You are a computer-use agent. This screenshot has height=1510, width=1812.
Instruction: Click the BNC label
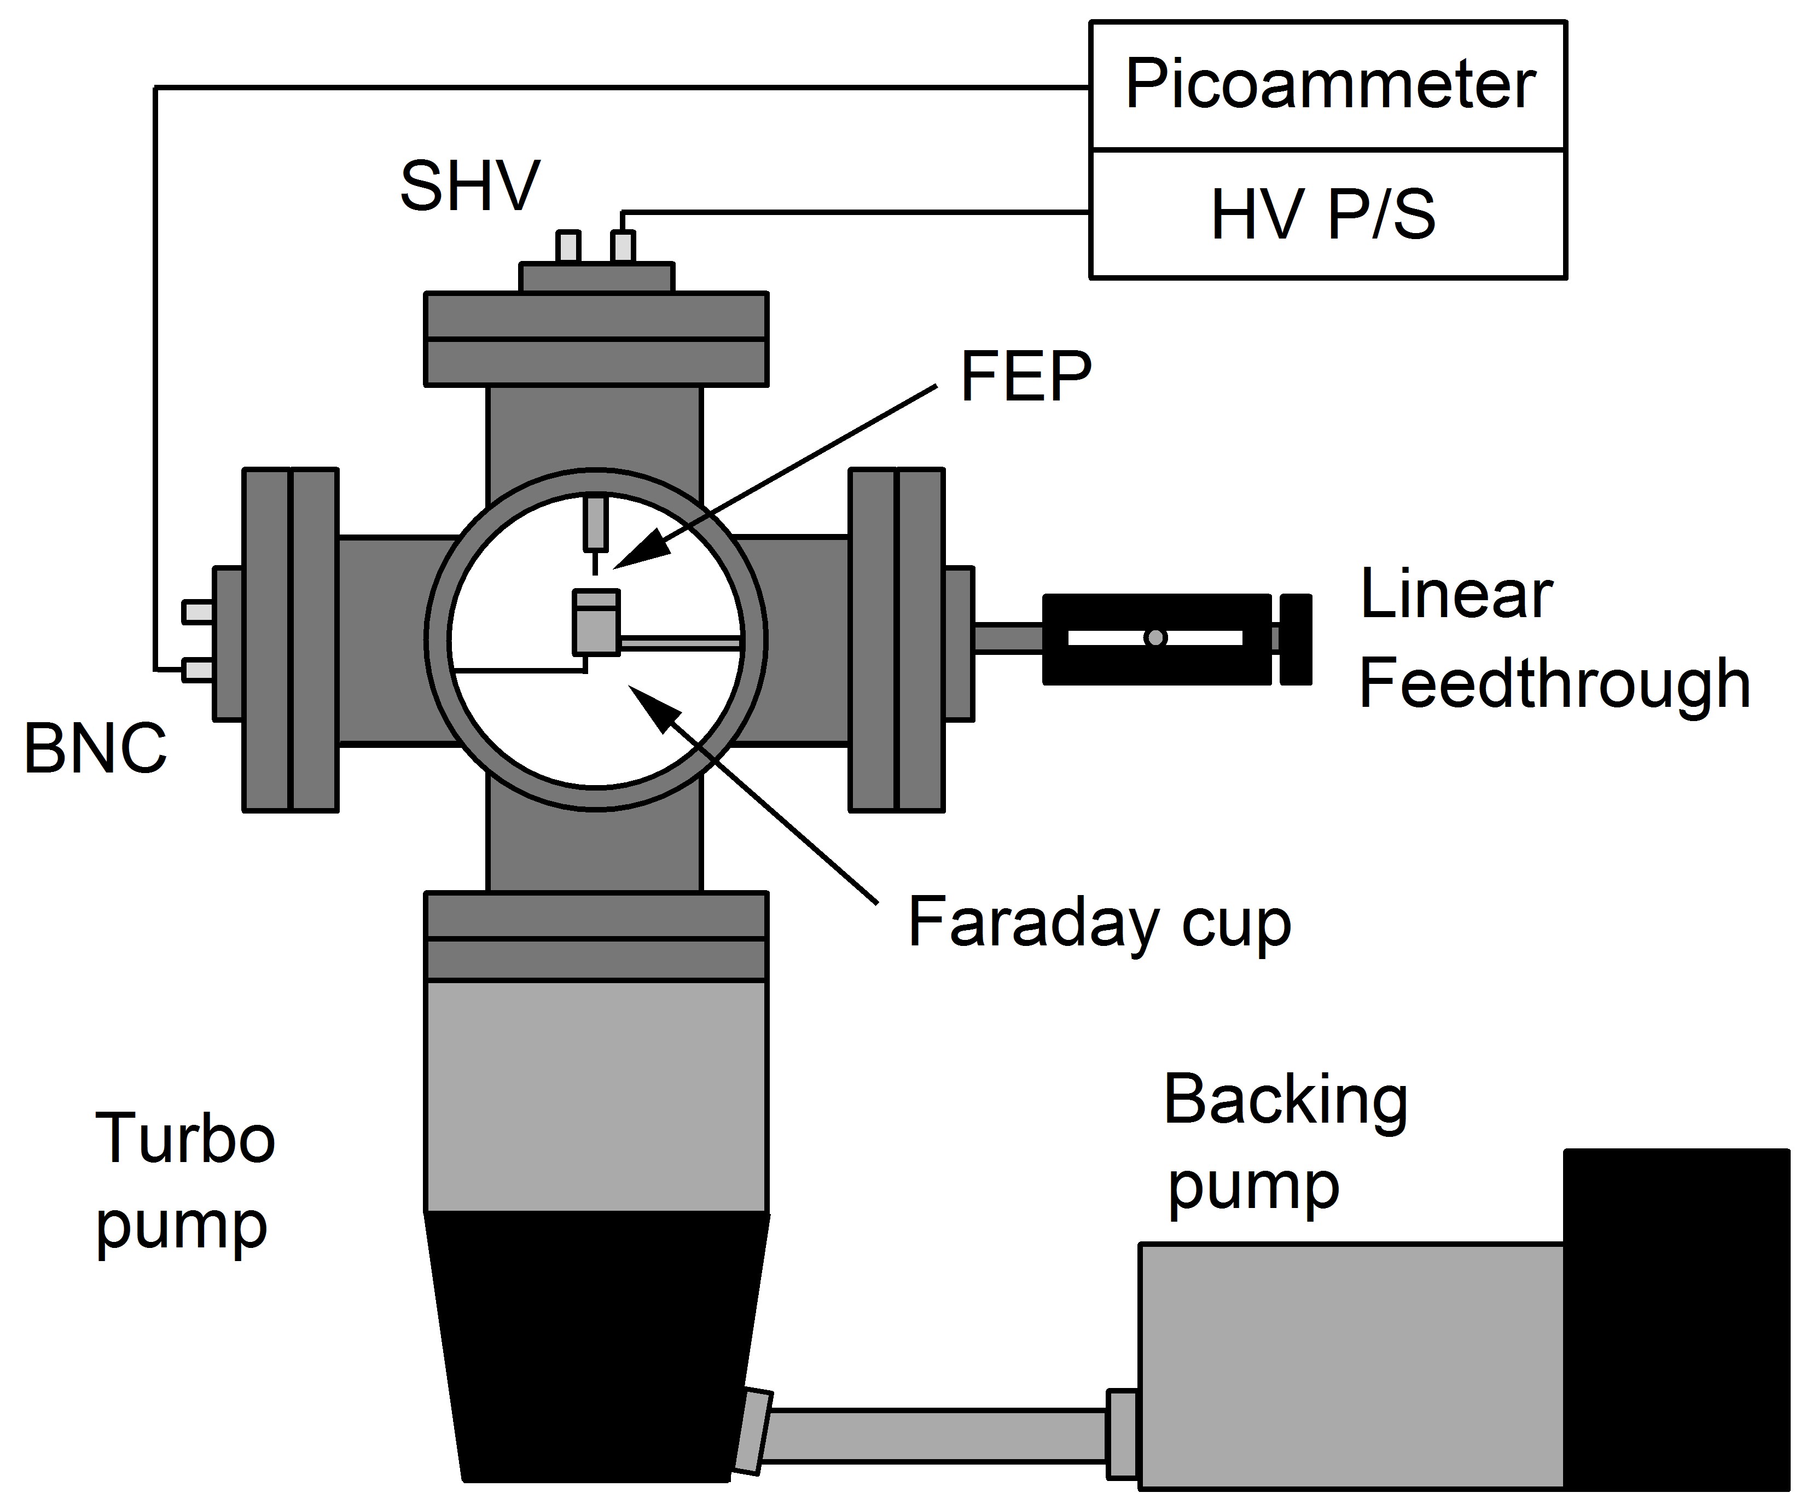point(95,749)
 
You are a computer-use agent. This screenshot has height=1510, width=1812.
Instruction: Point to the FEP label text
point(1025,376)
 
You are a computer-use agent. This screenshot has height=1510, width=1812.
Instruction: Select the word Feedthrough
point(1554,683)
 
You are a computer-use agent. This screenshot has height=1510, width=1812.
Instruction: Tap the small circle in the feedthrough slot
point(1155,638)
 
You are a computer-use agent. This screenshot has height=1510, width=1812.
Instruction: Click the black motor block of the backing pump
point(1676,1319)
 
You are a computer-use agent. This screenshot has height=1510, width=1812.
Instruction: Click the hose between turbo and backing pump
point(936,1436)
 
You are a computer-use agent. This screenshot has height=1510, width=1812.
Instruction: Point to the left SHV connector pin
point(568,247)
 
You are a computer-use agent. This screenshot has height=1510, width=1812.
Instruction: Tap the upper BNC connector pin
point(198,612)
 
